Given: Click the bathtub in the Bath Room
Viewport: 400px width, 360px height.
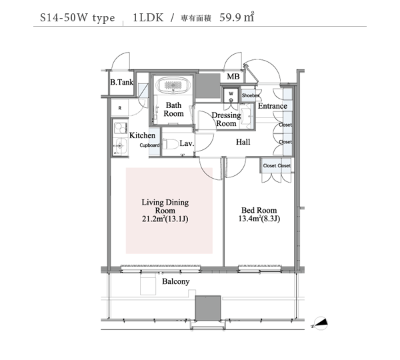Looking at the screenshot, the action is (173, 85).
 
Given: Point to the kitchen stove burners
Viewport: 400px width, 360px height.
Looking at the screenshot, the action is (121, 128).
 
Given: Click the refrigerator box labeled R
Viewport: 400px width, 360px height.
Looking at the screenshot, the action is (119, 108).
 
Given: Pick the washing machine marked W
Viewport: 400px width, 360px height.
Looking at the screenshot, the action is (231, 95).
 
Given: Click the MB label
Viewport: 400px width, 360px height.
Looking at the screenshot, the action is (233, 76).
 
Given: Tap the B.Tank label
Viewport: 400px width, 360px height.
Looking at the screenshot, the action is (122, 82).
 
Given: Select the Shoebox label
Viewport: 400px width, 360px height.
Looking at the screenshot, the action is (251, 95).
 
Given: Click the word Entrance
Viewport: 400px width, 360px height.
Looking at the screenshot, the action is (273, 106).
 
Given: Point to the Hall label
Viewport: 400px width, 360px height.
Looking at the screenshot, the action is (243, 142).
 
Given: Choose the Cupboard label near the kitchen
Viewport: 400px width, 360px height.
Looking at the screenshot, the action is (149, 145).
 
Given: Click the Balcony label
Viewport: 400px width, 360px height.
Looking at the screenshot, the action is (176, 281).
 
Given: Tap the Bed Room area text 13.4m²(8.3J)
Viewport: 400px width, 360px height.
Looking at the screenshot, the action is (259, 219).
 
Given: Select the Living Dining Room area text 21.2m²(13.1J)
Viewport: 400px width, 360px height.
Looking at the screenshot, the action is (165, 219).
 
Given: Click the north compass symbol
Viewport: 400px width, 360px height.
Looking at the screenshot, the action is (320, 323).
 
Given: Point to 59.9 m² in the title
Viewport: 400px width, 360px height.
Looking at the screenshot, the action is (237, 17).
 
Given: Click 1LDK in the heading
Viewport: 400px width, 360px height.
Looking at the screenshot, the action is (148, 17).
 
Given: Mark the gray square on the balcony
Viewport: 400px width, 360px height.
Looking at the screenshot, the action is (208, 308).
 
